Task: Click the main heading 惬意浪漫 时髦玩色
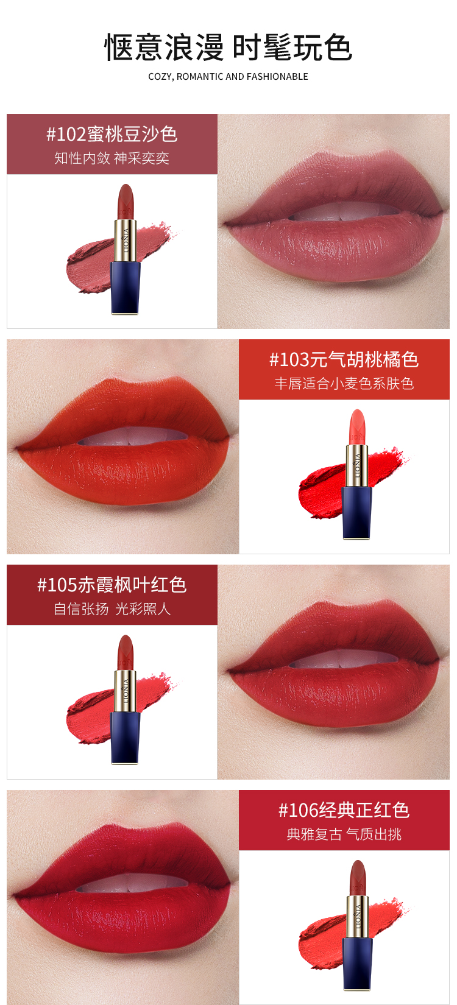[x=228, y=48]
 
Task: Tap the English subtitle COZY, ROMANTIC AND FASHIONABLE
[x=228, y=77]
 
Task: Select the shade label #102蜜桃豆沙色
[x=112, y=134]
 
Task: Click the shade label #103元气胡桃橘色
[x=344, y=360]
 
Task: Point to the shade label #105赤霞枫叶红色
[x=112, y=585]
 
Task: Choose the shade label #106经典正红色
[x=344, y=810]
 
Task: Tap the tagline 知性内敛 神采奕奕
[x=112, y=158]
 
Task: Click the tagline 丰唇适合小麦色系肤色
[x=344, y=384]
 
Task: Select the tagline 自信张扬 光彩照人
[x=112, y=609]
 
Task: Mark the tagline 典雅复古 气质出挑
[x=344, y=834]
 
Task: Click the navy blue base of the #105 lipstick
[x=126, y=738]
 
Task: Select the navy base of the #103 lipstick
[x=357, y=512]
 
